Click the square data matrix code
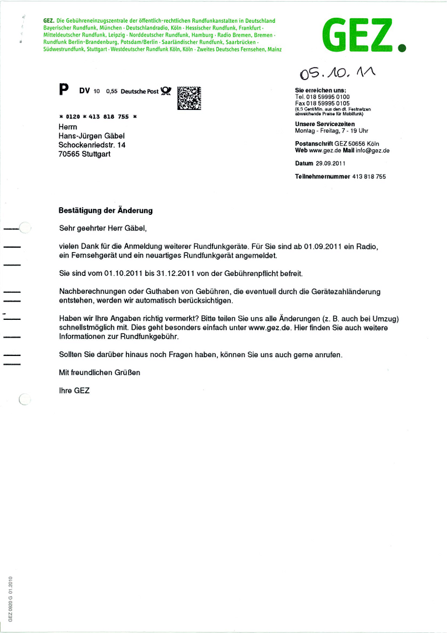(189, 98)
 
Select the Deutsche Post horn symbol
(166, 91)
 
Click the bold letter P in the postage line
(64, 90)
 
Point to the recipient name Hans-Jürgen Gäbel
(92, 136)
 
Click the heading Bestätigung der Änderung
(105, 211)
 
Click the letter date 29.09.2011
(331, 163)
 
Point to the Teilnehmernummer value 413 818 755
(369, 177)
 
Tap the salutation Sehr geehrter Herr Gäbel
(103, 228)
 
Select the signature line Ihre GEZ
(74, 391)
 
